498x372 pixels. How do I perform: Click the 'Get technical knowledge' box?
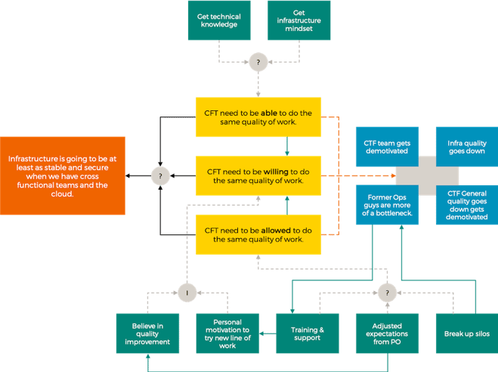(219, 20)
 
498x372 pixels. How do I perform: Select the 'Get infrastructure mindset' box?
(298, 20)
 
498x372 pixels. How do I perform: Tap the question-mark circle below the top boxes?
(258, 62)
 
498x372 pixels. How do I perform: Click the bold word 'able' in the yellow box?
(269, 113)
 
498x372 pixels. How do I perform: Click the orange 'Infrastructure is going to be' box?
(63, 175)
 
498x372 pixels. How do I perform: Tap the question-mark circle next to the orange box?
(160, 175)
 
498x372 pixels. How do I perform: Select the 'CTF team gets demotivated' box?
(387, 147)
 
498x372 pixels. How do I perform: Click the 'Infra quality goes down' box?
(467, 147)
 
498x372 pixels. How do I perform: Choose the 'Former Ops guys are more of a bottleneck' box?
(387, 205)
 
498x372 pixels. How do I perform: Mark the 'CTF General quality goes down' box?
(467, 205)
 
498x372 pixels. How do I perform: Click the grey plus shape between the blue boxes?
(427, 175)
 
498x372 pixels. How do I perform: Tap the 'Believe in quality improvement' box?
(147, 333)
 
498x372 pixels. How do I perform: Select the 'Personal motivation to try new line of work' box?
(227, 333)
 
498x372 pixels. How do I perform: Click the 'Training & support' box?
(308, 333)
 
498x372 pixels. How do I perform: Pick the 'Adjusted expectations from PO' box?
(387, 333)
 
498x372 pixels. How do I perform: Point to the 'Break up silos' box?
(467, 333)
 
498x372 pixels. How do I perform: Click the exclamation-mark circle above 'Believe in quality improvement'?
(187, 293)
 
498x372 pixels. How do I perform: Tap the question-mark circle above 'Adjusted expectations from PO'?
(387, 293)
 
